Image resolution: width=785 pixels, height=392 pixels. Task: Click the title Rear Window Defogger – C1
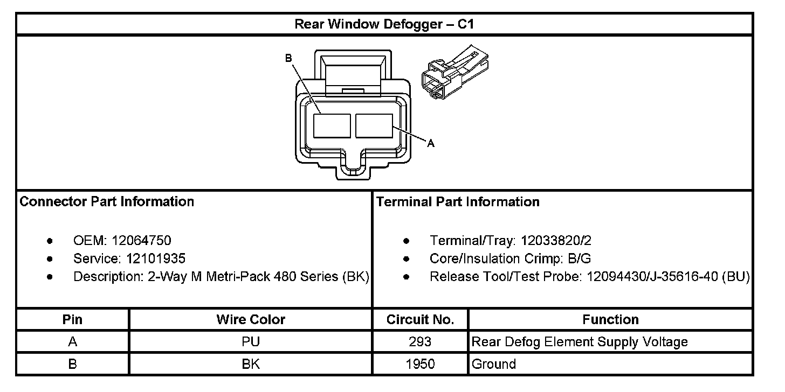[384, 24]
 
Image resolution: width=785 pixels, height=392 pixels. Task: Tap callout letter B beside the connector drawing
[288, 58]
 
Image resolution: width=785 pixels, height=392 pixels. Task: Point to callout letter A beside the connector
[430, 143]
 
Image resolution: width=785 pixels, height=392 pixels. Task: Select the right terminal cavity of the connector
[374, 126]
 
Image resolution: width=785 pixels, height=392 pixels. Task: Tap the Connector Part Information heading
[107, 202]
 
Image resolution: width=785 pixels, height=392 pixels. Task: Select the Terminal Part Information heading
[458, 202]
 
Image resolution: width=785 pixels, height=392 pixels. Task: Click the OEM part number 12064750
[141, 241]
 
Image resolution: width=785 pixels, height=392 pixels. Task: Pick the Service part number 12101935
[156, 258]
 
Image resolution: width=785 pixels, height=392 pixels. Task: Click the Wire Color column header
[251, 319]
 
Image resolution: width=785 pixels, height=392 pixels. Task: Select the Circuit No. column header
[420, 319]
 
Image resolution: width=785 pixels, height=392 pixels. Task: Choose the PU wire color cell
[251, 342]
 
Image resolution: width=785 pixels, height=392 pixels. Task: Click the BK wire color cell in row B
[251, 364]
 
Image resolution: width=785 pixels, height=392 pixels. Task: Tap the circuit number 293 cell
[420, 342]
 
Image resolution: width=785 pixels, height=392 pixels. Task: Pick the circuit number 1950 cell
[420, 364]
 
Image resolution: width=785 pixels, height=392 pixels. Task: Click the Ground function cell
[494, 364]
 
